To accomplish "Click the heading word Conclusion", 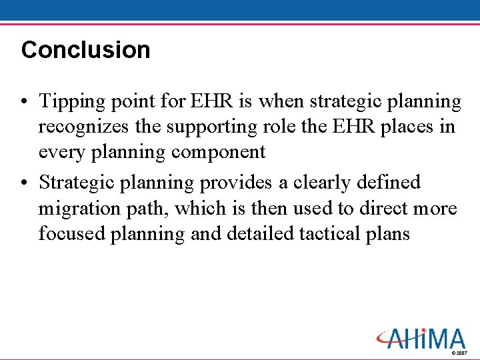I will [85, 50].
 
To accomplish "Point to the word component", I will [218, 152].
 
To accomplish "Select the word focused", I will [65, 233].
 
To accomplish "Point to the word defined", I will [388, 182].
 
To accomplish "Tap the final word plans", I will [390, 233].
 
